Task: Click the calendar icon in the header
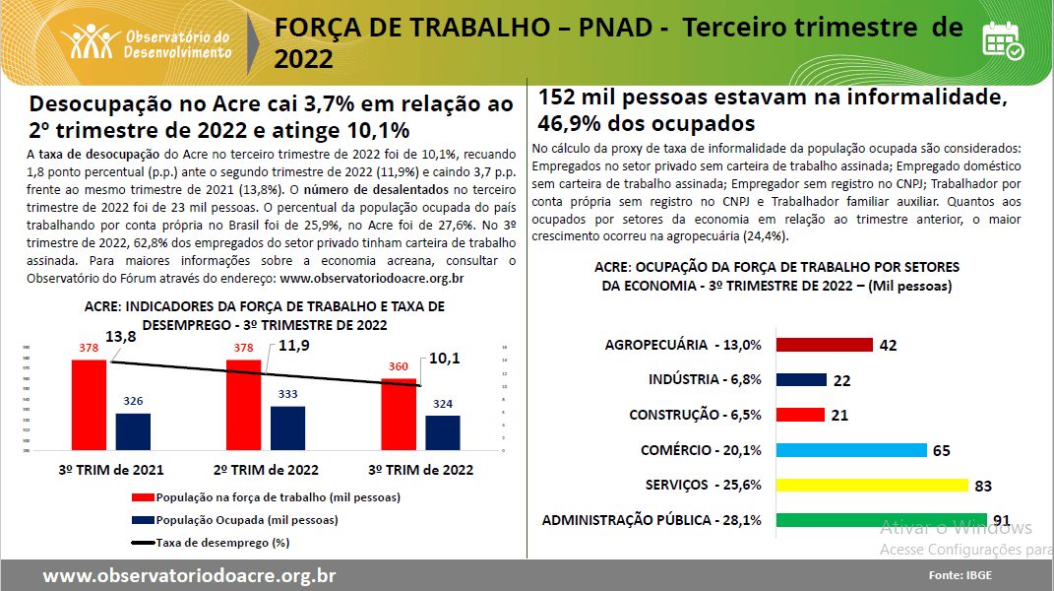pyautogui.click(x=1003, y=40)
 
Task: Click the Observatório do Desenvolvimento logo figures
pyautogui.click(x=91, y=40)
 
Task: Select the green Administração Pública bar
pyautogui.click(x=852, y=520)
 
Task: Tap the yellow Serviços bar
pyautogui.click(x=872, y=485)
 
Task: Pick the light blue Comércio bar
pyautogui.click(x=851, y=450)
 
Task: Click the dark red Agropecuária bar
pyautogui.click(x=825, y=345)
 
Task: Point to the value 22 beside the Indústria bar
pyautogui.click(x=841, y=380)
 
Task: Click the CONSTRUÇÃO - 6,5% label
pyautogui.click(x=695, y=415)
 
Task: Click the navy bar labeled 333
pyautogui.click(x=288, y=427)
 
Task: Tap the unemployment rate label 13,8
pyautogui.click(x=120, y=337)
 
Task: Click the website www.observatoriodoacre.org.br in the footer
pyautogui.click(x=189, y=575)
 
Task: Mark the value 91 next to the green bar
pyautogui.click(x=1002, y=521)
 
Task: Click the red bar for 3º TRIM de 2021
pyautogui.click(x=90, y=405)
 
